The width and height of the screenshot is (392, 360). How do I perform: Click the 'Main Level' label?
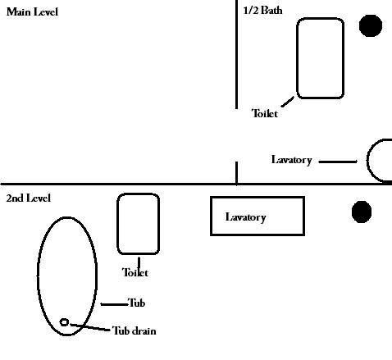pos(32,12)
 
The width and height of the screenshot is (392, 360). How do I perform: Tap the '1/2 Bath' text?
pos(262,11)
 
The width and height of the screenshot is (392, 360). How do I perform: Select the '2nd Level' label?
pos(29,198)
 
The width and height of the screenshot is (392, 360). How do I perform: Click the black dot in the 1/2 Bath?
pos(371,25)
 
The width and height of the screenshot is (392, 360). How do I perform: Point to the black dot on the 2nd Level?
pos(362,212)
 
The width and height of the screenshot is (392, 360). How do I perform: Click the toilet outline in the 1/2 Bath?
pos(297,58)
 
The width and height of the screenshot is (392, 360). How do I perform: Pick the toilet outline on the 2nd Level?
pos(117,224)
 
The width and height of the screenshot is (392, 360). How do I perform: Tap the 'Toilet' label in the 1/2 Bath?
pos(265,113)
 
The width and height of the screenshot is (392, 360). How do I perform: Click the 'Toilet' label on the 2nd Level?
pos(135,272)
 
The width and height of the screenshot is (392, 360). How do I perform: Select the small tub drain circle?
pos(64,322)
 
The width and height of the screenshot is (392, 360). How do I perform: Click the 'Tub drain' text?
pos(134,331)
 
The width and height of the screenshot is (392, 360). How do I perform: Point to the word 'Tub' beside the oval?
pos(136,303)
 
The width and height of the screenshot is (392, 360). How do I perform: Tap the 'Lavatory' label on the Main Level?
pos(292,160)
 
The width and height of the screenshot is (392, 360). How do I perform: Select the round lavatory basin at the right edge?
pos(367,160)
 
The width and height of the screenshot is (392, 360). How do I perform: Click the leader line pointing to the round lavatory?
pos(338,162)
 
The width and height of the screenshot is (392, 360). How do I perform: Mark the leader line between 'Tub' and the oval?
pos(114,304)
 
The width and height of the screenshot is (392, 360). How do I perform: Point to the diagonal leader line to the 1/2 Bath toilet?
pos(288,102)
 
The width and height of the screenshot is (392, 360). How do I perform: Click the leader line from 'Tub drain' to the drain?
pos(90,327)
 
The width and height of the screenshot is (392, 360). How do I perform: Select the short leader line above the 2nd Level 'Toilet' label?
pos(139,262)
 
